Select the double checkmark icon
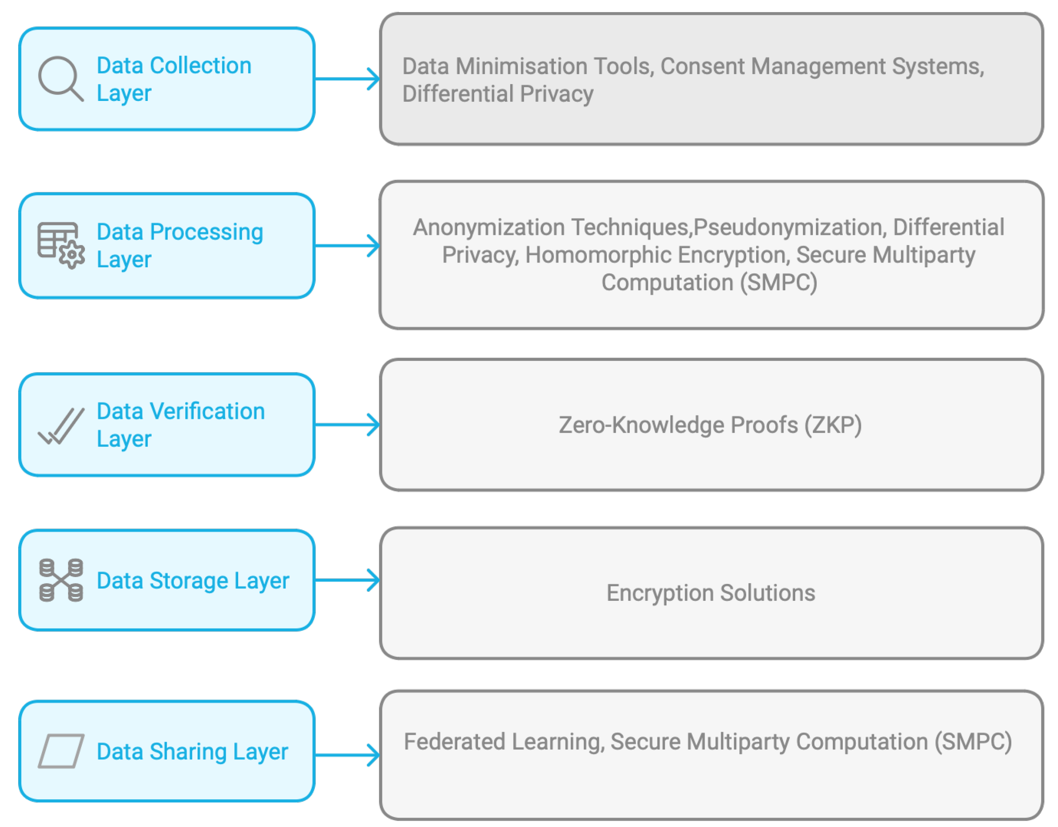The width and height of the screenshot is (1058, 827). coord(61,426)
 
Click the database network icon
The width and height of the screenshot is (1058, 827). coord(61,580)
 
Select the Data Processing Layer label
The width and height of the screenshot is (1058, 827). coord(180,246)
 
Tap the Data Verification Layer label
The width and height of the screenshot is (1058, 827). coord(181,425)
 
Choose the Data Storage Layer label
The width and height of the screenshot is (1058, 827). coord(193,581)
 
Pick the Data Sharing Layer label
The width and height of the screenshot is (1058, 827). coord(192,752)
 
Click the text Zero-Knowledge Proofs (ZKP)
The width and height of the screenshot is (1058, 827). coord(710,425)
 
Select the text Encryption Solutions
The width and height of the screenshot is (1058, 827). coord(711,593)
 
